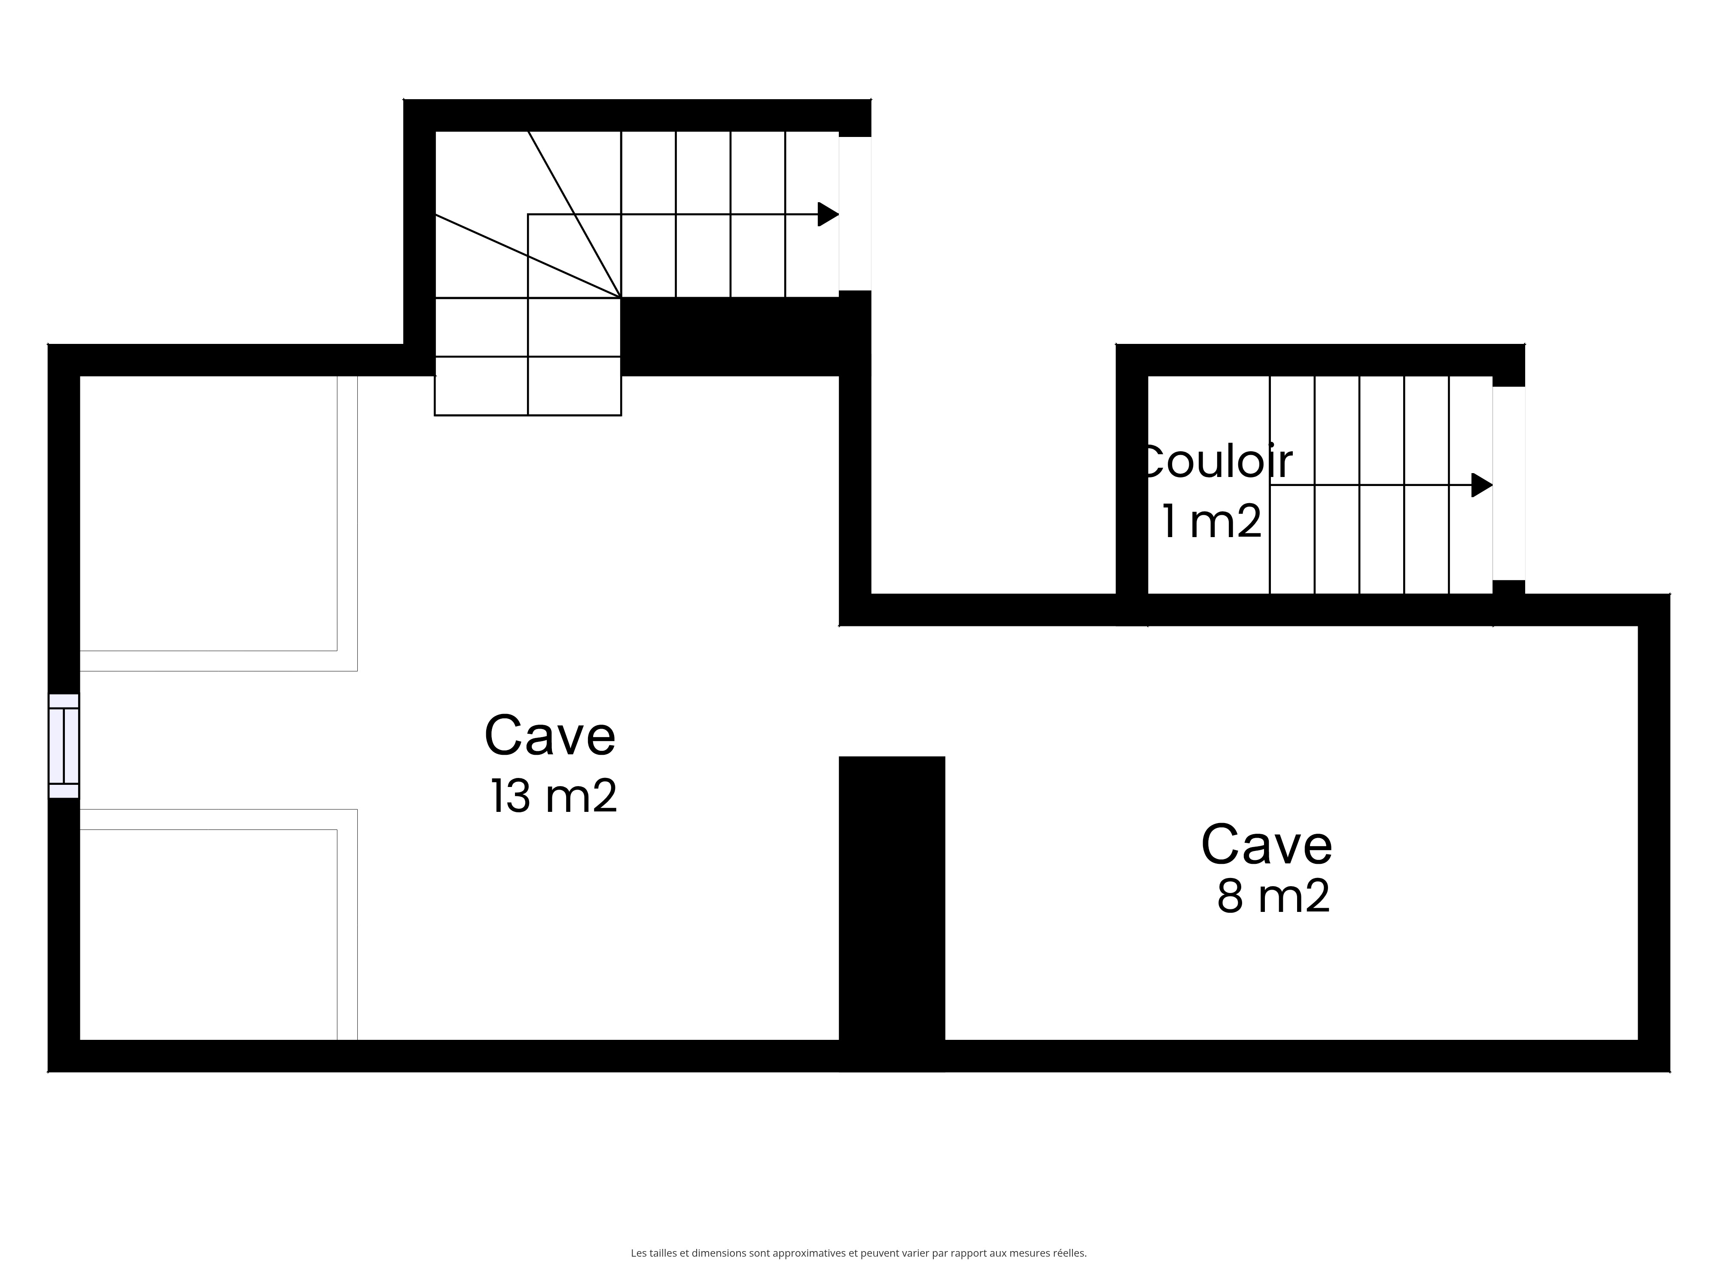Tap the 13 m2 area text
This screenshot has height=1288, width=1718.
pyautogui.click(x=554, y=796)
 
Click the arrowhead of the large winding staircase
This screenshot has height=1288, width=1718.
pyautogui.click(x=829, y=214)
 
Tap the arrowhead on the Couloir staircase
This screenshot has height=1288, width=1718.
pyautogui.click(x=1482, y=485)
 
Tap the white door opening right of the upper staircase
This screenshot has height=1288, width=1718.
pyautogui.click(x=855, y=213)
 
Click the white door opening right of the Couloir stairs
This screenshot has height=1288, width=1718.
pyautogui.click(x=1509, y=483)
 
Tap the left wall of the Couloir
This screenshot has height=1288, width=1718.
pyautogui.click(x=1132, y=484)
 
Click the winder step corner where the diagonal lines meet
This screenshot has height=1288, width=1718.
pyautogui.click(x=621, y=298)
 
